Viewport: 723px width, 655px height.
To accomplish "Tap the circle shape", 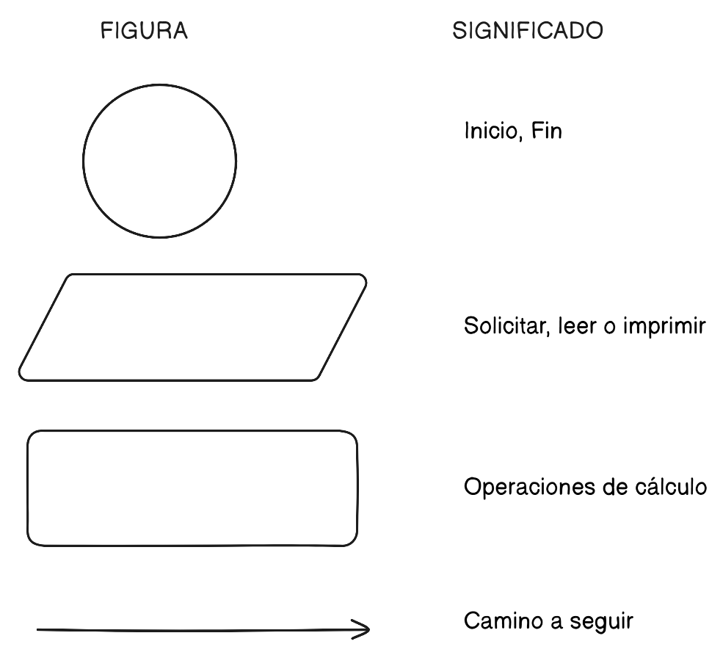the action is pos(159,161).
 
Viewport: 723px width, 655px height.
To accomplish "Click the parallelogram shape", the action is pos(192,327).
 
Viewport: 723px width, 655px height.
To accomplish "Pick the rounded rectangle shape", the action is pos(192,488).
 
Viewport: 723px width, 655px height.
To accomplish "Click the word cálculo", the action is pos(670,487).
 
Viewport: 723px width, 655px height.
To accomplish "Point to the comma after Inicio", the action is pos(520,140).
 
